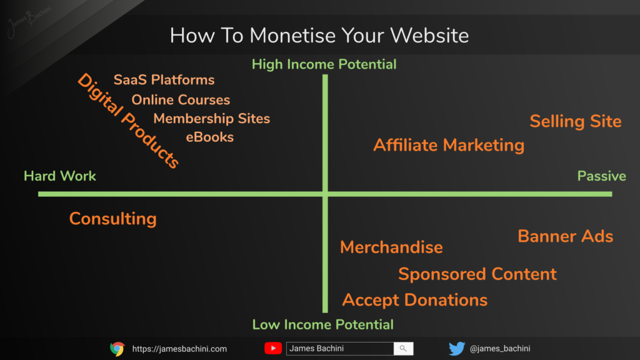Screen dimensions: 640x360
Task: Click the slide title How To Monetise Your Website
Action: [x=319, y=36]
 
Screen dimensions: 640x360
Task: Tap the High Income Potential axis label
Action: [x=324, y=64]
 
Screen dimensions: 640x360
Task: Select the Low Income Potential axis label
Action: [x=323, y=324]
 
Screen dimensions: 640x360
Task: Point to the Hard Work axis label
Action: [x=59, y=176]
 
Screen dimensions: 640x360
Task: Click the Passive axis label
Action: [x=602, y=176]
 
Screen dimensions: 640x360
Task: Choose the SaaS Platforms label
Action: [x=164, y=79]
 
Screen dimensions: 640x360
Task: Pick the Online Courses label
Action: [x=181, y=99]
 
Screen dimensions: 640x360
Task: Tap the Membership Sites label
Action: [x=211, y=118]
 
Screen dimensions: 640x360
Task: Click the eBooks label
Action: [x=210, y=137]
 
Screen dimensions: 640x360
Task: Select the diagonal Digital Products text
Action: [x=128, y=121]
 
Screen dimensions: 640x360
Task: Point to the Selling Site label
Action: [x=576, y=121]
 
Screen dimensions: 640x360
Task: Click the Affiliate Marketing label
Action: [x=449, y=145]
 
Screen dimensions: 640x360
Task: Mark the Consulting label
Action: [x=113, y=219]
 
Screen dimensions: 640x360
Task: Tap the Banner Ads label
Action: [x=565, y=236]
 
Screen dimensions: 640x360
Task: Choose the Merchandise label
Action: [x=391, y=247]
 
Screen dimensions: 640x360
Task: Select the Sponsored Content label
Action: [x=477, y=274]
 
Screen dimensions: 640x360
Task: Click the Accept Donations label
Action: [x=415, y=300]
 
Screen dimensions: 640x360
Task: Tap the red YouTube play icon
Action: [x=273, y=348]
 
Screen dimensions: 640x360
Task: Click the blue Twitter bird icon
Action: [x=457, y=349]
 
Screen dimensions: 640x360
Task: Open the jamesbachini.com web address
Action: [x=179, y=349]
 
